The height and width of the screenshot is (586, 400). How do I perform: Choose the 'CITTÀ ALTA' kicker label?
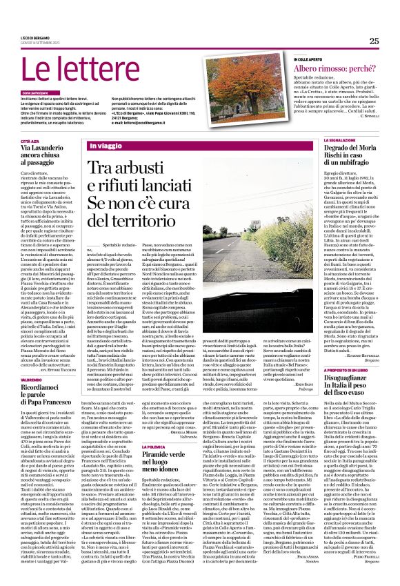30,140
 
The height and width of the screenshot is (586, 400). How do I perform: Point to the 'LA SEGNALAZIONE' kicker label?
319,140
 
